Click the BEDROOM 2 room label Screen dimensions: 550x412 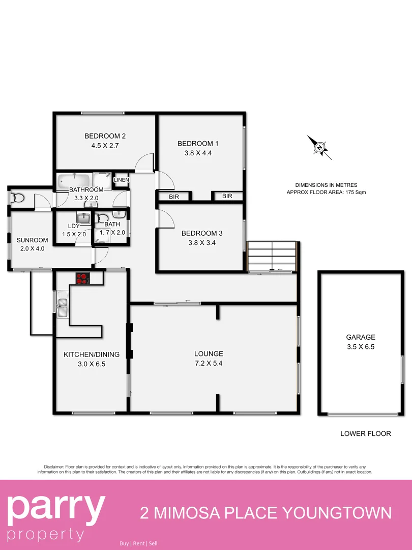tap(105, 136)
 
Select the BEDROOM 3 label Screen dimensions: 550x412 tap(202, 233)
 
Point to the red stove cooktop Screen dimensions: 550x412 tap(82, 278)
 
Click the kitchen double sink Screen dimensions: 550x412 tap(62, 304)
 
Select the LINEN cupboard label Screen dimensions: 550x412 tap(122, 180)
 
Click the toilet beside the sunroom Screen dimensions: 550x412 tap(17, 197)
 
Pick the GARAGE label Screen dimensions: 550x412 tap(361, 337)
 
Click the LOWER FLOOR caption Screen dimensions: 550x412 tap(366, 434)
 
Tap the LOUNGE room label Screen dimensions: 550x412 tap(209, 354)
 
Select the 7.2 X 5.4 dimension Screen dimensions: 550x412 tap(209, 364)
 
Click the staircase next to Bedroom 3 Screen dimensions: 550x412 tap(272, 257)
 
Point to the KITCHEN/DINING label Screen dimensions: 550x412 tap(92, 354)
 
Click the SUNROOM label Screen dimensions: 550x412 tap(32, 240)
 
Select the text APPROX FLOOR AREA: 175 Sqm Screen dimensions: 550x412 tap(326, 193)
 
